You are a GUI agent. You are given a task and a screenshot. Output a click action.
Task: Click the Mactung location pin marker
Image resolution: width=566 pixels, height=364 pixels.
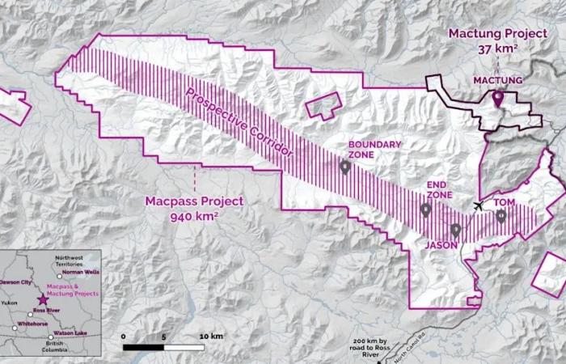click(x=498, y=99)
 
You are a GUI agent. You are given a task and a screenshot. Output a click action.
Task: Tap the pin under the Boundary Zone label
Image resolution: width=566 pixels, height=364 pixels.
click(x=345, y=167)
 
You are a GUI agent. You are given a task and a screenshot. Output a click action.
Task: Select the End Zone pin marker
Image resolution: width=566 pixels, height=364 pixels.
click(x=426, y=210)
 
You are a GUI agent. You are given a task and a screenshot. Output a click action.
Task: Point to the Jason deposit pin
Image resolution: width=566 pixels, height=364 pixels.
click(x=456, y=230)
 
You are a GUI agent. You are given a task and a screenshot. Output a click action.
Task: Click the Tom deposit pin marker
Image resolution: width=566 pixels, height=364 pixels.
click(x=501, y=216)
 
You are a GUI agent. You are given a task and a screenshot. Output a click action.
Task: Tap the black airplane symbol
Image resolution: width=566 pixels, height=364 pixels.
click(x=479, y=206)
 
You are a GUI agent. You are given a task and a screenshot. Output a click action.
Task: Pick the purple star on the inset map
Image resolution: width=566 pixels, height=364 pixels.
click(x=43, y=299)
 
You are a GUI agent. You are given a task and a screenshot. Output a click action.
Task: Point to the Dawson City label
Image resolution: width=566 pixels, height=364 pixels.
click(x=17, y=281)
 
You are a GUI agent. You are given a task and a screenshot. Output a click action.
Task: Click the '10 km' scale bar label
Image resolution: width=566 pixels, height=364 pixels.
click(x=211, y=335)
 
